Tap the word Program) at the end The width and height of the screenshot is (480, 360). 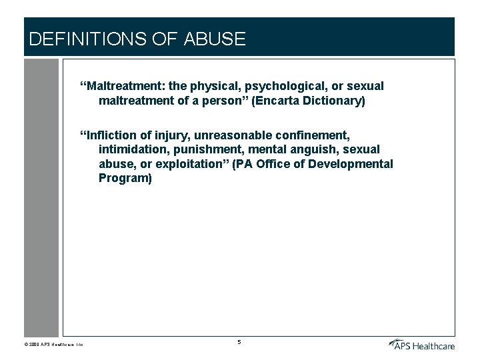(125, 178)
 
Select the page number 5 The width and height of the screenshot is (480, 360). (239, 342)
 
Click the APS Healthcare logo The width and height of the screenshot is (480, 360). (421, 344)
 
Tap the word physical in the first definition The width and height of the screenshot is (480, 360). (209, 87)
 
